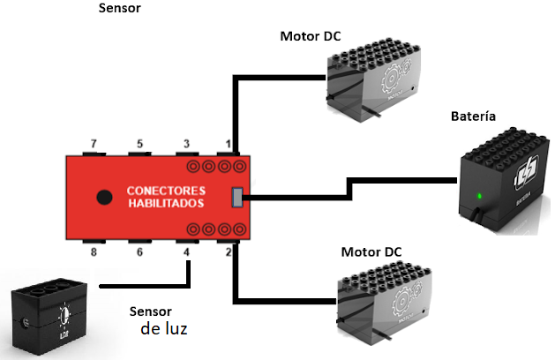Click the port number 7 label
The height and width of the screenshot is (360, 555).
click(x=95, y=143)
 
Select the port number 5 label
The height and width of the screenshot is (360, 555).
click(x=140, y=143)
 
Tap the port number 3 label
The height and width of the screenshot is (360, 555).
click(x=186, y=143)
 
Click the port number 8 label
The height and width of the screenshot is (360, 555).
click(x=95, y=253)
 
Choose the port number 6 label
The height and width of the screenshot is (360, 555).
click(x=140, y=253)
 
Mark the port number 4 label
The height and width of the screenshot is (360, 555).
click(x=186, y=253)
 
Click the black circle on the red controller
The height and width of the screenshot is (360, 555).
click(x=103, y=197)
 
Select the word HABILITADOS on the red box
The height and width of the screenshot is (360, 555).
click(x=166, y=204)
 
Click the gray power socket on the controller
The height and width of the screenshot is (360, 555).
click(x=237, y=198)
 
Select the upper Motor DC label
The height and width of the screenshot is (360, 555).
click(x=311, y=36)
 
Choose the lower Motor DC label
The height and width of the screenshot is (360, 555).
click(x=371, y=252)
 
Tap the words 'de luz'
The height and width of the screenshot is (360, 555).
click(x=164, y=329)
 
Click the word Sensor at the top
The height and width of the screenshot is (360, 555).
click(x=122, y=9)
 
